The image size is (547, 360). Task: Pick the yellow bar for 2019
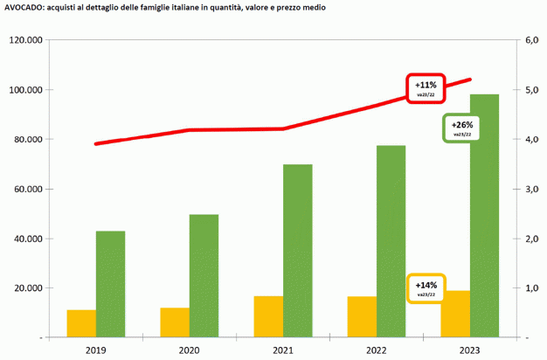pyautogui.click(x=81, y=323)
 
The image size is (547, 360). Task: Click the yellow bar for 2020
pyautogui.click(x=175, y=322)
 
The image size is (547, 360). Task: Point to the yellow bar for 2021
pyautogui.click(x=268, y=316)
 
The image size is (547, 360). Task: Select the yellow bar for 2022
pyautogui.click(x=362, y=316)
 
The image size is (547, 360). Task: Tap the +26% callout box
pyautogui.click(x=460, y=128)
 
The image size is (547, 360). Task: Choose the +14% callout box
pyautogui.click(x=426, y=287)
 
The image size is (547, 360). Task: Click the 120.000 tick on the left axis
pyautogui.click(x=25, y=41)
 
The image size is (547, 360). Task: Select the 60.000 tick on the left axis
pyautogui.click(x=28, y=189)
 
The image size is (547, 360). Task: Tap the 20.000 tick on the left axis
pyautogui.click(x=28, y=287)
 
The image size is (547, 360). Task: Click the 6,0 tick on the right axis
pyautogui.click(x=530, y=41)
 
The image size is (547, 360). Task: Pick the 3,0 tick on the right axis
pyautogui.click(x=530, y=189)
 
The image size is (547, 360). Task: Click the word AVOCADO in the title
pyautogui.click(x=23, y=7)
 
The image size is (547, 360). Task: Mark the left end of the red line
pyautogui.click(x=95, y=143)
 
